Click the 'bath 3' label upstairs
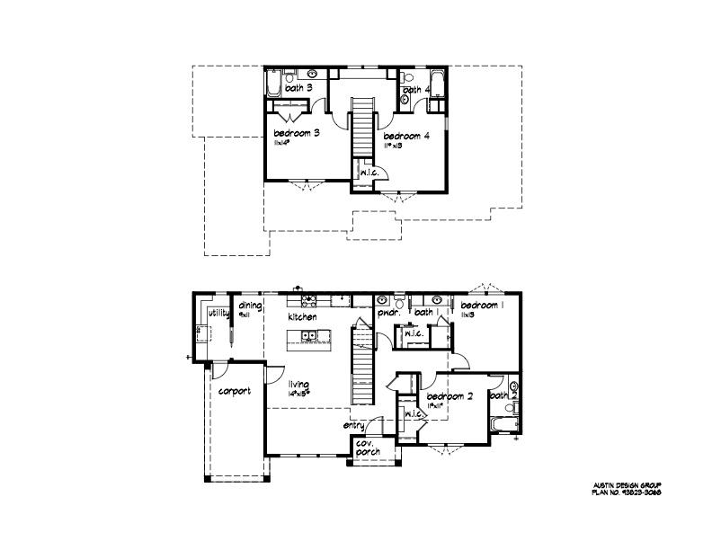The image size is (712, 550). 299,88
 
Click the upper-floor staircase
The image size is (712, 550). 360,127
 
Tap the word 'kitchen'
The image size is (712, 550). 302,317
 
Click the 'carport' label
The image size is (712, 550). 234,391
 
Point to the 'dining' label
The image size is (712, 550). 250,306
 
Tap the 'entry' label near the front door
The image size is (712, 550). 353,426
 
